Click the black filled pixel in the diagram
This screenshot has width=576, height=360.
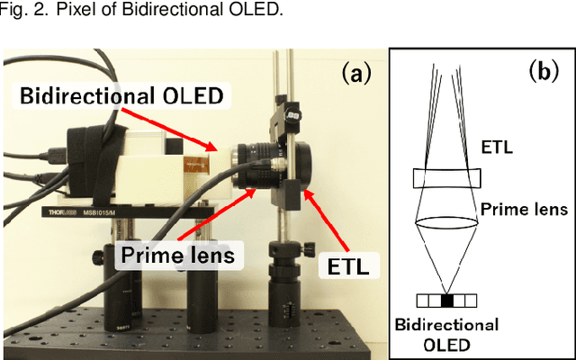(448, 300)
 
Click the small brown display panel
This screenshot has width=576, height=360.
(194, 166)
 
